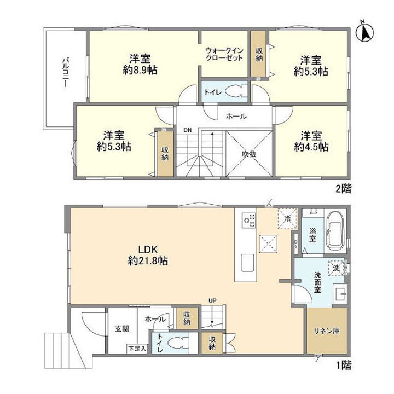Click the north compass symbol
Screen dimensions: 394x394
coord(365,31)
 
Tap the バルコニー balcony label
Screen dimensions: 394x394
coord(66,72)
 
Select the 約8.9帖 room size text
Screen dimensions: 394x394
coord(140,71)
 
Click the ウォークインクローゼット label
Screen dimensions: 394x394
coord(224,54)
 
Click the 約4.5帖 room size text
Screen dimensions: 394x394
coord(311,147)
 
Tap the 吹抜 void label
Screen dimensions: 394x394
coord(249,154)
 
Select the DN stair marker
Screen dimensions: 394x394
coord(188,130)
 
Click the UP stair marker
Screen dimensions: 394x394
coord(212,300)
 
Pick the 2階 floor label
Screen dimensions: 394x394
coord(344,189)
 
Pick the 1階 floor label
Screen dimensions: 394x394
coord(344,366)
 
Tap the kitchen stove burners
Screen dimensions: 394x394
coord(249,221)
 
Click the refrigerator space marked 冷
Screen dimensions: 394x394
coord(287,218)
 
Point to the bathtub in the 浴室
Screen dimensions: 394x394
coord(335,235)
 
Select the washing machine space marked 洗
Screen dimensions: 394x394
coord(337,268)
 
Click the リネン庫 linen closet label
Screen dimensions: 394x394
coord(327,331)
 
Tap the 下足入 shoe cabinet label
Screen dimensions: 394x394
coord(137,349)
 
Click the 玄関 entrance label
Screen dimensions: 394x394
coord(122,329)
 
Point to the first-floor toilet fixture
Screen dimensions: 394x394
coord(177,343)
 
